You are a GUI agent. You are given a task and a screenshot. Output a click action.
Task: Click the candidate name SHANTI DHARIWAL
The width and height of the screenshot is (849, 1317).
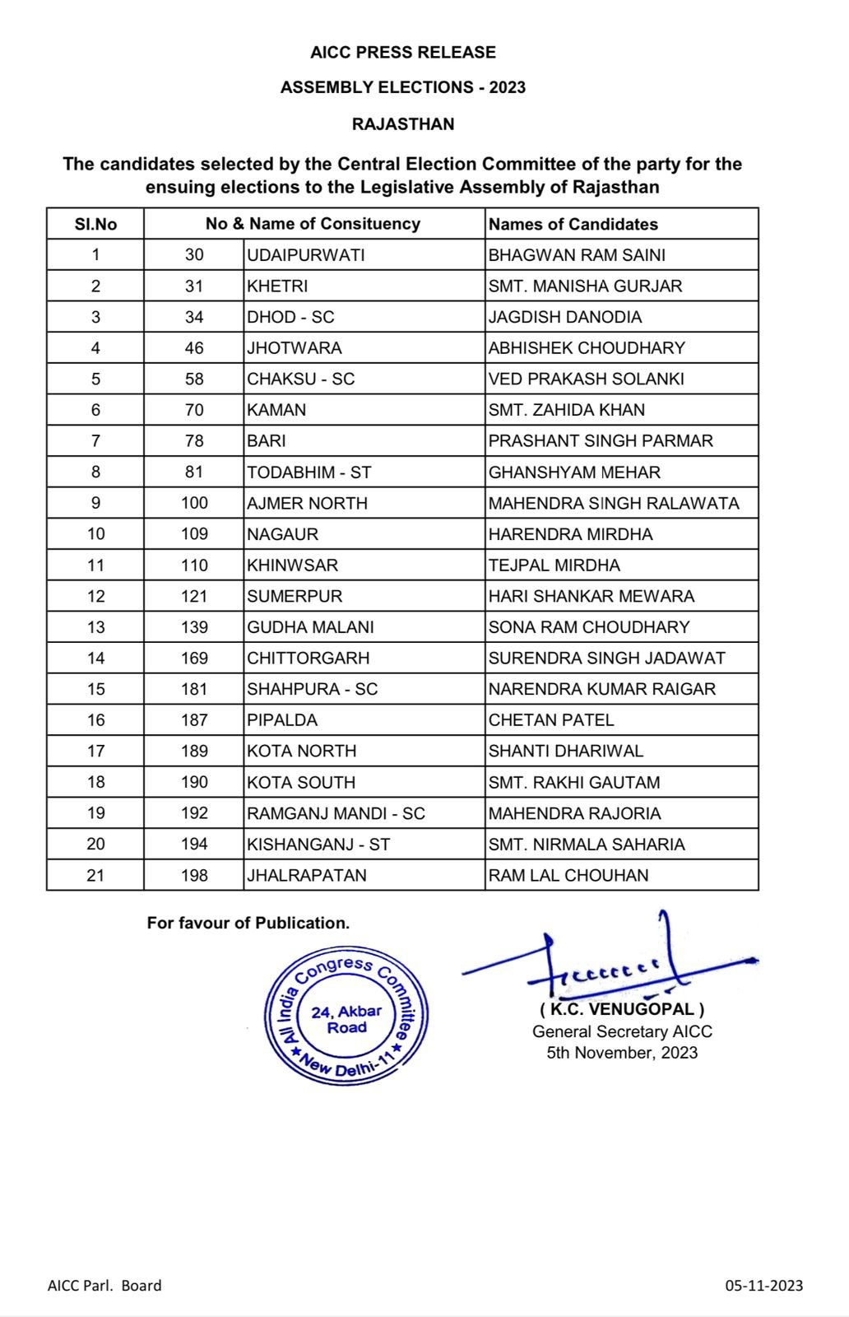pyautogui.click(x=565, y=751)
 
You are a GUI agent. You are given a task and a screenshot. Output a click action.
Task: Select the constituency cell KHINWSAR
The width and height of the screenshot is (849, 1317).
pyautogui.click(x=292, y=565)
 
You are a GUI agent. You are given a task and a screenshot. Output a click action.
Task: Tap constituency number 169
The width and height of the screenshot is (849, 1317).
pyautogui.click(x=194, y=658)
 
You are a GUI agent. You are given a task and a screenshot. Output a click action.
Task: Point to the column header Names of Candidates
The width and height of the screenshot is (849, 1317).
pyautogui.click(x=573, y=224)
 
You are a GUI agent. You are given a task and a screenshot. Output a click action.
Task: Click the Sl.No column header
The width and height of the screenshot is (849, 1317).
pyautogui.click(x=95, y=224)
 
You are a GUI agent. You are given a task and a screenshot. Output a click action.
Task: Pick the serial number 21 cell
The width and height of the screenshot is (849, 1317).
pyautogui.click(x=95, y=875)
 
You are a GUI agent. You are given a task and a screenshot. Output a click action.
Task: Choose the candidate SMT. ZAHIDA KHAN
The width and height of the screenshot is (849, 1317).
pyautogui.click(x=566, y=410)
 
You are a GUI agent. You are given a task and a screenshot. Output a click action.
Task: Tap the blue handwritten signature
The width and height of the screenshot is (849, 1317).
pyautogui.click(x=609, y=963)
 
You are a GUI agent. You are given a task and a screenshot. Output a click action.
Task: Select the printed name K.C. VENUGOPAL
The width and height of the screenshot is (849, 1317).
pyautogui.click(x=622, y=1009)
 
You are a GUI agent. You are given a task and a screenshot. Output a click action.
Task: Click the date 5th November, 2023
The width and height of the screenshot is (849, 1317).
pyautogui.click(x=622, y=1053)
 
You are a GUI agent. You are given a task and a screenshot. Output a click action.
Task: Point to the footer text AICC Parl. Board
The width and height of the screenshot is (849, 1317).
pyautogui.click(x=104, y=1285)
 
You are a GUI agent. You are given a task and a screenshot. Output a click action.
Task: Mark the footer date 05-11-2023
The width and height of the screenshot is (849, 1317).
pyautogui.click(x=763, y=1285)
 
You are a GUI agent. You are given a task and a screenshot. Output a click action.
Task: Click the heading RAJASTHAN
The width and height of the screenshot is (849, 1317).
pyautogui.click(x=403, y=124)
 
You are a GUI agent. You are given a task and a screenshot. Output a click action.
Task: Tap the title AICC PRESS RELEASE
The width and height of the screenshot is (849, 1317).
pyautogui.click(x=403, y=53)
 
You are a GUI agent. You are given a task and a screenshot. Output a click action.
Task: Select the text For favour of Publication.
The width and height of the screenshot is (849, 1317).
pyautogui.click(x=248, y=923)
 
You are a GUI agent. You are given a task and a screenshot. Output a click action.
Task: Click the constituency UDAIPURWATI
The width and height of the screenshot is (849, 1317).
pyautogui.click(x=305, y=255)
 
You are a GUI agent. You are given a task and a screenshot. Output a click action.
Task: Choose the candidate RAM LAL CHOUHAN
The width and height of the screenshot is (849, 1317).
pyautogui.click(x=568, y=875)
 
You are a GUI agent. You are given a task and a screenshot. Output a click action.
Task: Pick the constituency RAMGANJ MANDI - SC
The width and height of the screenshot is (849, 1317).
pyautogui.click(x=336, y=813)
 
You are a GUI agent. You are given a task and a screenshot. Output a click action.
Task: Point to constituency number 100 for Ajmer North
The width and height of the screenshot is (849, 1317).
pyautogui.click(x=194, y=503)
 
